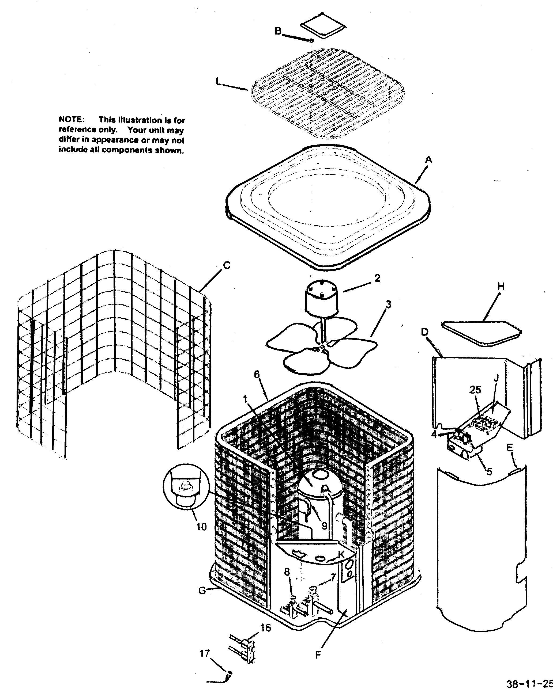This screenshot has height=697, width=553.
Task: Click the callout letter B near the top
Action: [278, 31]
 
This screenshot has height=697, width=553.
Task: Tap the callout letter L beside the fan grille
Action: [219, 82]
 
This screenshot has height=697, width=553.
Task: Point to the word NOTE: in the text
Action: [72, 119]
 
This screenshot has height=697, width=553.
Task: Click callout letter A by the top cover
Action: [428, 159]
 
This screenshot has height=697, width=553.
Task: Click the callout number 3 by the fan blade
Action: [388, 304]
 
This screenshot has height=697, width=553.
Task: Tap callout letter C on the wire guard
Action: [227, 265]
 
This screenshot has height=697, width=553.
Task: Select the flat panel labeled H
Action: [481, 333]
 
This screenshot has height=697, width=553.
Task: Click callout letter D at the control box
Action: [425, 332]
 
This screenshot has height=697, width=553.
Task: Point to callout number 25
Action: [475, 390]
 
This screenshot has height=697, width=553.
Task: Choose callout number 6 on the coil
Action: [257, 374]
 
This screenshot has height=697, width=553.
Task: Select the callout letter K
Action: [341, 555]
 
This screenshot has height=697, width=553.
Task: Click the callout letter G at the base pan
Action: [202, 591]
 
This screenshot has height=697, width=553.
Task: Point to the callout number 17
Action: [205, 654]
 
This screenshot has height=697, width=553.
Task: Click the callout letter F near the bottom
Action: [318, 655]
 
